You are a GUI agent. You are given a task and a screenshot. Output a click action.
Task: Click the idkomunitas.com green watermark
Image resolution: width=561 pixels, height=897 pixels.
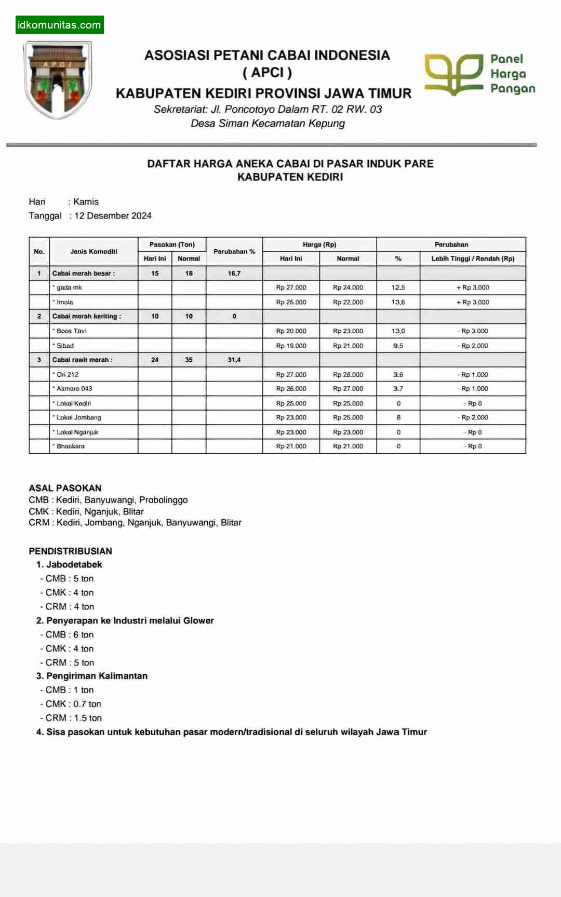pos(59,24)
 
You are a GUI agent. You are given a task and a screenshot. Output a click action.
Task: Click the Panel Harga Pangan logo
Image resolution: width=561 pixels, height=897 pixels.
pos(479,74)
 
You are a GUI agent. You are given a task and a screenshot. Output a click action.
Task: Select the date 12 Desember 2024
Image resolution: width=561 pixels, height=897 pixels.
pos(113,215)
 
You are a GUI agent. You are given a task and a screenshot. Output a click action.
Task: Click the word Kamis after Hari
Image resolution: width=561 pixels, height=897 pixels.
pos(86,201)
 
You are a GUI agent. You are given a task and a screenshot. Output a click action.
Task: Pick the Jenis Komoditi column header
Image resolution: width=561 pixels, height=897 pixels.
pos(94,251)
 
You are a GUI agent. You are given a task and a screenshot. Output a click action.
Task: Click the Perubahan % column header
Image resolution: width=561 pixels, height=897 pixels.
pos(234,251)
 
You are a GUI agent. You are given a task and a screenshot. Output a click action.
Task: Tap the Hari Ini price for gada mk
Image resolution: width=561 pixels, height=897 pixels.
pos(291,287)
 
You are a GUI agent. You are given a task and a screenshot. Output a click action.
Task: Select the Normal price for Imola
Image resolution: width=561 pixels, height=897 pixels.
pos(348,302)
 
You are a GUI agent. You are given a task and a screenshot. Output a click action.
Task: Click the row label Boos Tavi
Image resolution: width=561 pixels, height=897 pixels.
pos(71,331)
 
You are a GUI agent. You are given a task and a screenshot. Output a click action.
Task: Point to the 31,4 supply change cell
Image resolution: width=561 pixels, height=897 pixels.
pos(234,360)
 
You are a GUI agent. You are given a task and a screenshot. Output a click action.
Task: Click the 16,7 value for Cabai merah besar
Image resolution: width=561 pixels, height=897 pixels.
pos(234,273)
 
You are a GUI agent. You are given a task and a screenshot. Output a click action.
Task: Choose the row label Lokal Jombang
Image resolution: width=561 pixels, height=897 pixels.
pos(78,417)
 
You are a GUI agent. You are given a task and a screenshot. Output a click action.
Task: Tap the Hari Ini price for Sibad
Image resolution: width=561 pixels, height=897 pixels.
pos(291,346)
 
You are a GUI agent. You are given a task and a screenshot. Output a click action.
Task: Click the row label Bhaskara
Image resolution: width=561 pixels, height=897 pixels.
pos(70,446)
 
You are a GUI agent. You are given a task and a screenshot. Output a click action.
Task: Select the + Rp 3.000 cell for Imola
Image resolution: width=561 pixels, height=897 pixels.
pos(473,302)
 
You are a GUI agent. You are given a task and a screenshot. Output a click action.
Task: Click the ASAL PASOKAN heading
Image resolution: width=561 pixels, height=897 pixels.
pos(65,488)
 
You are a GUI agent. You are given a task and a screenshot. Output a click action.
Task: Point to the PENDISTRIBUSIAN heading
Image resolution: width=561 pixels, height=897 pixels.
pos(70,551)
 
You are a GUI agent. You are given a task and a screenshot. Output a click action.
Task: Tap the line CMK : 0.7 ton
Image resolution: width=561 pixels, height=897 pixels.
pos(73,704)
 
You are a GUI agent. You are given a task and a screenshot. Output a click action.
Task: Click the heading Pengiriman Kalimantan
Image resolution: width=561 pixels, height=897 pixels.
pos(97,676)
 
